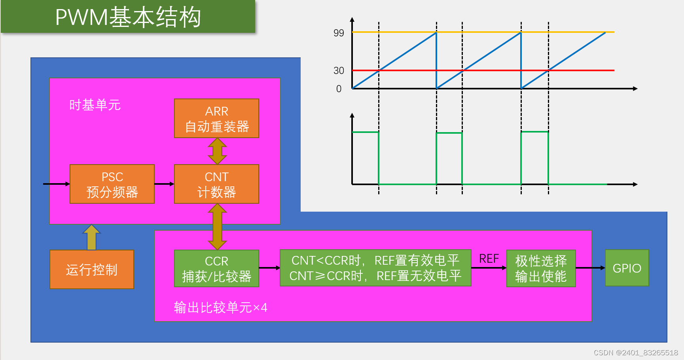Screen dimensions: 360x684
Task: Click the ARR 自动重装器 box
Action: pyautogui.click(x=216, y=118)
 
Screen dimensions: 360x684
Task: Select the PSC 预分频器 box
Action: pyautogui.click(x=112, y=184)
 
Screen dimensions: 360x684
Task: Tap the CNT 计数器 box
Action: pyautogui.click(x=216, y=184)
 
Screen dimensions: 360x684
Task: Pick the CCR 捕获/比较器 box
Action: pyautogui.click(x=216, y=268)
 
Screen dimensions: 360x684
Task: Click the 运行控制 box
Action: pyautogui.click(x=92, y=269)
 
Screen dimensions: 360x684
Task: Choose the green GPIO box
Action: pyautogui.click(x=627, y=268)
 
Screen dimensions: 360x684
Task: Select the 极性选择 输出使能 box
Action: pyautogui.click(x=541, y=268)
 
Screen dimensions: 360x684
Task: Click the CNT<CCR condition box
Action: pyautogui.click(x=375, y=268)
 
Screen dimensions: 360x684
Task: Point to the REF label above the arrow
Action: pyautogui.click(x=489, y=259)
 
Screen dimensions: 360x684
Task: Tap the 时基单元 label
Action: pyautogui.click(x=95, y=105)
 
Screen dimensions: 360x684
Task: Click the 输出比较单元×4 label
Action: pyautogui.click(x=220, y=307)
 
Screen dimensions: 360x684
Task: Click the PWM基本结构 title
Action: pyautogui.click(x=128, y=17)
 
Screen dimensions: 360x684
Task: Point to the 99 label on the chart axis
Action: pyautogui.click(x=339, y=33)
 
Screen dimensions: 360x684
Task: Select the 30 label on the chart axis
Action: pyautogui.click(x=339, y=70)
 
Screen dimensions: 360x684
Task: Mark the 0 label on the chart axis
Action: pyautogui.click(x=339, y=89)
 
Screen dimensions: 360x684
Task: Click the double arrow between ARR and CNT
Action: pyautogui.click(x=217, y=151)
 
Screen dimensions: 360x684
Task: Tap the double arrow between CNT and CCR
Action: pyautogui.click(x=217, y=227)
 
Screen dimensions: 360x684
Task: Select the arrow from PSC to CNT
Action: pyautogui.click(x=164, y=184)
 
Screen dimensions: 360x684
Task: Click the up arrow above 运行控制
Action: pyautogui.click(x=91, y=237)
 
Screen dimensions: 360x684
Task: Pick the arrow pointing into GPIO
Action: pyautogui.click(x=590, y=268)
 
